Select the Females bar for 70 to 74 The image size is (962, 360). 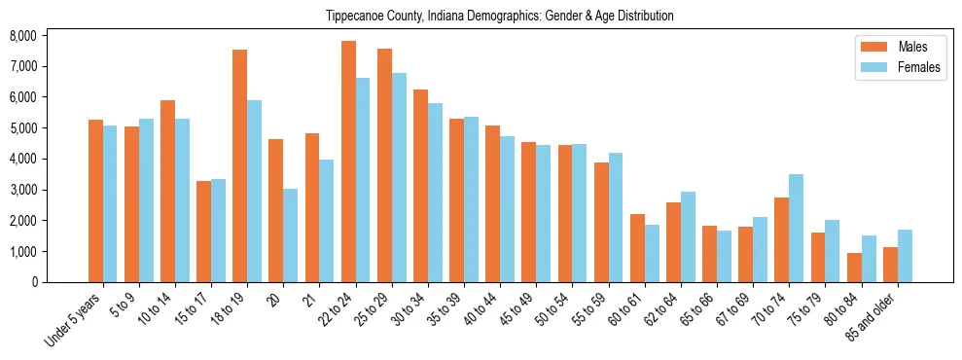[x=796, y=229]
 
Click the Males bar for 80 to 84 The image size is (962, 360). [x=854, y=268]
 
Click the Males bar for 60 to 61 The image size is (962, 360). [x=637, y=248]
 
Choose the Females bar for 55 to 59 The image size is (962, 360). [x=616, y=218]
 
